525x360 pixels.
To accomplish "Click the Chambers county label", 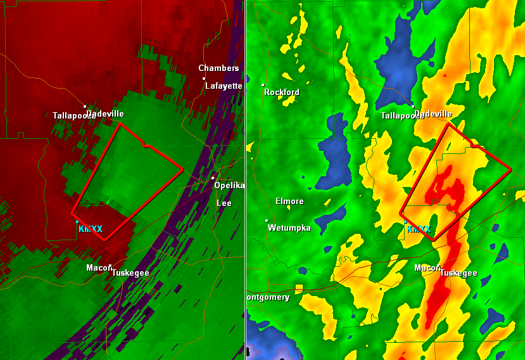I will [218, 68].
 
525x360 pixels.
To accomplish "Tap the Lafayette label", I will [224, 86].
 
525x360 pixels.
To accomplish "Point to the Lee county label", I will [224, 203].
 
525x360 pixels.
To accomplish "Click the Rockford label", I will [282, 92].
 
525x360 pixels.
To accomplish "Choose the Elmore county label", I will [289, 202].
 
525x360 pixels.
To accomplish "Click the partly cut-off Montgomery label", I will [268, 297].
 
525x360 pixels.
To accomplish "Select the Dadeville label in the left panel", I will [105, 113].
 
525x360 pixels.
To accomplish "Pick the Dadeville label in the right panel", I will [433, 113].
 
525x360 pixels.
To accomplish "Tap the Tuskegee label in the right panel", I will [458, 273].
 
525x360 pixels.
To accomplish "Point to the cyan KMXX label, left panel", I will [91, 229].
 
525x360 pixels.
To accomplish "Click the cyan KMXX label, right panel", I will [419, 229].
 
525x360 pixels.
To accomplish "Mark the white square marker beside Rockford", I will [263, 84].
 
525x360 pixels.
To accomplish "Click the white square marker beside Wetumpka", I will [267, 220].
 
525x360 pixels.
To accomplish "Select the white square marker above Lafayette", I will [204, 78].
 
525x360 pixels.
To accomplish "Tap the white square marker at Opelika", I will [213, 177].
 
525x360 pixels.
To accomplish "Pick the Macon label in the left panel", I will [98, 267].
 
